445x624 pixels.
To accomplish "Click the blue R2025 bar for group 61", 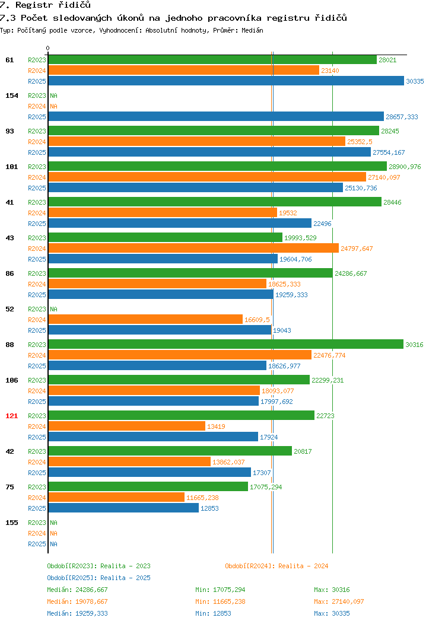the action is (226, 81).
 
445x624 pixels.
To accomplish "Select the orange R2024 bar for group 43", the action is (193, 249).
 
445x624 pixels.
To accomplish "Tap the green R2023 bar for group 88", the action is (226, 344).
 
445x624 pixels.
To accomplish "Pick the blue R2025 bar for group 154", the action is (216, 117).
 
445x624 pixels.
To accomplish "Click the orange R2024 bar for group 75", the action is (117, 498).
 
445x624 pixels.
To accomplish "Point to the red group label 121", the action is (11, 416).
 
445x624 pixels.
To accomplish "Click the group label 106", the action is (11, 380).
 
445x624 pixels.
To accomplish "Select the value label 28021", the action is (387, 60).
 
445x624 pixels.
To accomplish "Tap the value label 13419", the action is (216, 426).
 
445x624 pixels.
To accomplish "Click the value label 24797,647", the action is (357, 249).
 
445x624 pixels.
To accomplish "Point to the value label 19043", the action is (282, 330).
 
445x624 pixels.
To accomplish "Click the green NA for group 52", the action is (54, 309).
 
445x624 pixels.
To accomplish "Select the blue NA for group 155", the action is (54, 544).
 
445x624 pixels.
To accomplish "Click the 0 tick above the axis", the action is (48, 49).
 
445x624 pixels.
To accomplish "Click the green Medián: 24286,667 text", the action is (77, 590).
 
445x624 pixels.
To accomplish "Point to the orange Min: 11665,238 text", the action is (220, 601).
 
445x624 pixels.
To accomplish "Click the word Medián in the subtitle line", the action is (252, 30).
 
